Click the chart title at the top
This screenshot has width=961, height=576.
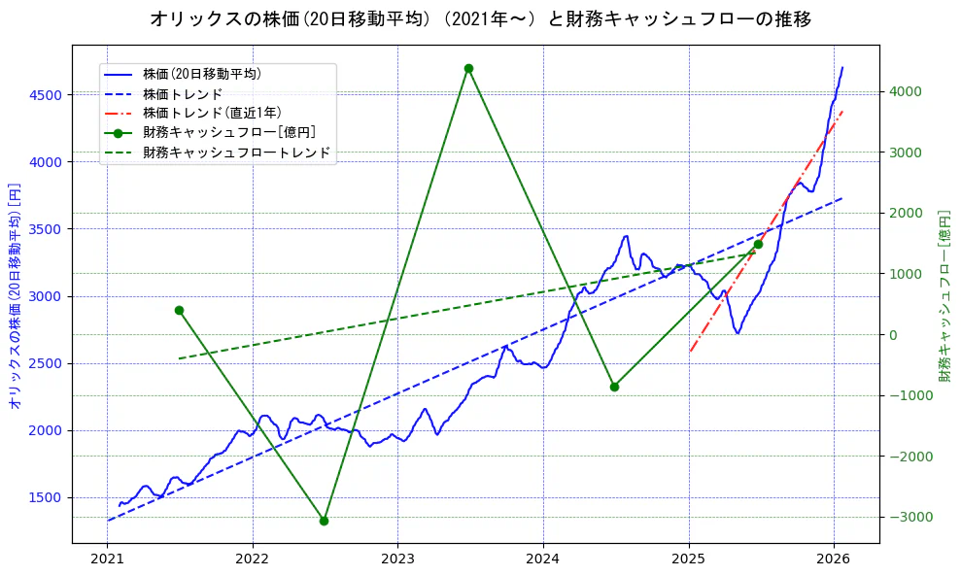[x=480, y=18]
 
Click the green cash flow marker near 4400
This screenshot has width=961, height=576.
[x=468, y=68]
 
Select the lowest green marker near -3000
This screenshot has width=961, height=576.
[x=324, y=521]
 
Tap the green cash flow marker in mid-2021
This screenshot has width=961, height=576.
[x=179, y=310]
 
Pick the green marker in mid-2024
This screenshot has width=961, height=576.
[x=614, y=387]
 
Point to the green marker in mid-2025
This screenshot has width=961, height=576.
[x=758, y=244]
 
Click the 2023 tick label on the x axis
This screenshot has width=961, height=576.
[x=397, y=559]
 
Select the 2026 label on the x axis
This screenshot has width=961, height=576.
[x=834, y=559]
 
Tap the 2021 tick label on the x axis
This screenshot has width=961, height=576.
[x=107, y=559]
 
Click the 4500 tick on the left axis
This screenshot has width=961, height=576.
[x=45, y=94]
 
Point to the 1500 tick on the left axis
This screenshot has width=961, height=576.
[x=45, y=497]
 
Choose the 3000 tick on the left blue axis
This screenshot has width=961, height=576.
[x=45, y=296]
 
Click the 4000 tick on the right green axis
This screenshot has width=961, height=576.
[x=904, y=92]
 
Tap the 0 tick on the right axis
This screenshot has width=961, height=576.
[x=896, y=335]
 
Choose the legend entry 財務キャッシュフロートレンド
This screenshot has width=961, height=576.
[x=236, y=152]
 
